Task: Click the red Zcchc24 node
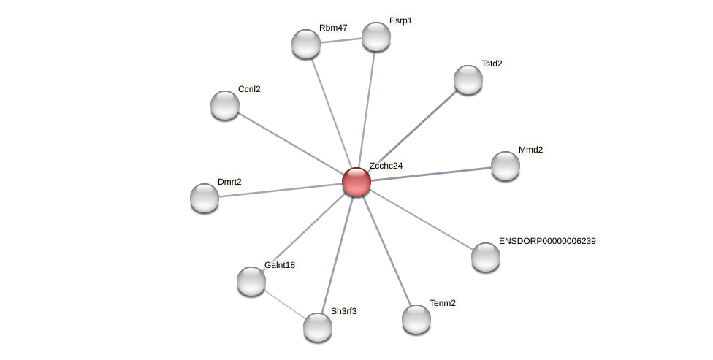tap(356, 182)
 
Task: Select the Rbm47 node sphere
tap(306, 44)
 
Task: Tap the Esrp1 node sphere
tap(376, 37)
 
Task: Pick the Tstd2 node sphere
tap(468, 80)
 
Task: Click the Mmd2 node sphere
tap(506, 166)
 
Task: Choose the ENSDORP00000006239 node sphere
tap(486, 257)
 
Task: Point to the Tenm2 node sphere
tap(416, 319)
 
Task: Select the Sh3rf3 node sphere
tap(318, 327)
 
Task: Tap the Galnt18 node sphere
tap(251, 281)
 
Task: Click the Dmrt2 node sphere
tap(205, 198)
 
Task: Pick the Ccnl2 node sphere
tap(225, 105)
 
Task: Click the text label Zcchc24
tap(386, 166)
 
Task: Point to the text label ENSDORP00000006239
tap(547, 241)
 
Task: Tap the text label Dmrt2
tap(229, 182)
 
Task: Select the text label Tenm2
tap(442, 303)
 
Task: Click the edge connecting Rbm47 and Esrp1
tap(341, 40)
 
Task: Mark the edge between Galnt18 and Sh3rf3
tap(284, 304)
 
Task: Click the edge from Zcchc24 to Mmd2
tap(431, 174)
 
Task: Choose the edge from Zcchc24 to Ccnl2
tap(291, 144)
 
